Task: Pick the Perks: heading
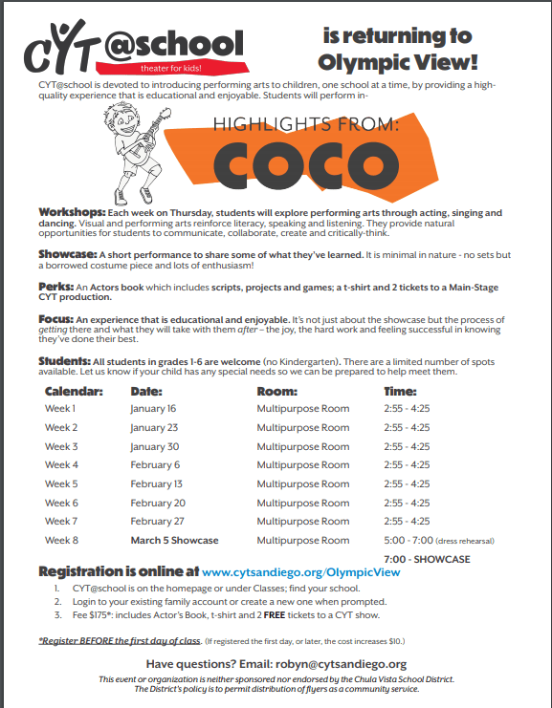(x=55, y=287)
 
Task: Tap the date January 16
(x=154, y=408)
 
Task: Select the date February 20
(x=158, y=503)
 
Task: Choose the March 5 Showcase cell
(x=175, y=540)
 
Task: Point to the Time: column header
(x=400, y=391)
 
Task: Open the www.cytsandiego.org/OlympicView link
(x=301, y=571)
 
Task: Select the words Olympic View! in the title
(x=398, y=63)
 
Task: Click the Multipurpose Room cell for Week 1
(x=303, y=408)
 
